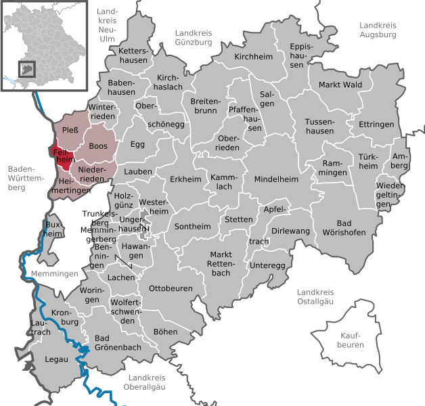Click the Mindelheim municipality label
point(276,179)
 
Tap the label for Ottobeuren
point(171,288)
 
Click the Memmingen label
point(54,273)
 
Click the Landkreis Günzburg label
point(194,37)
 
